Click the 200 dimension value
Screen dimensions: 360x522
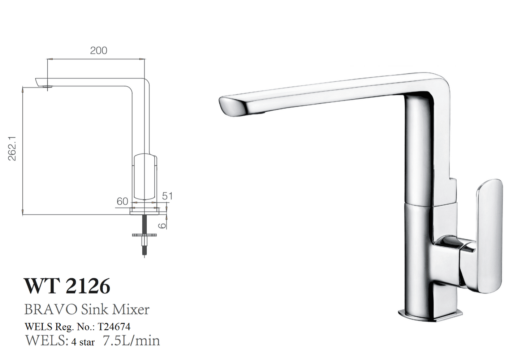(98, 51)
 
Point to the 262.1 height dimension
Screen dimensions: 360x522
(12, 148)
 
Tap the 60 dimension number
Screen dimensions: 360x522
(122, 201)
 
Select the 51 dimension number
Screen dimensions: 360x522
(167, 196)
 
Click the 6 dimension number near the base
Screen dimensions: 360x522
(163, 225)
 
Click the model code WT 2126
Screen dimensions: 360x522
(67, 286)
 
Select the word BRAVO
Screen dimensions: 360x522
(50, 309)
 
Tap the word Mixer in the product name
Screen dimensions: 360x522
(131, 309)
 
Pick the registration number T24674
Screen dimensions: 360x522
(114, 327)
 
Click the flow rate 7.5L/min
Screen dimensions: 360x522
(131, 340)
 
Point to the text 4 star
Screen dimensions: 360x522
(83, 342)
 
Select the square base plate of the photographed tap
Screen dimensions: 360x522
(430, 315)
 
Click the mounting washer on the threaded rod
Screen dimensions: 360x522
(144, 235)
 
